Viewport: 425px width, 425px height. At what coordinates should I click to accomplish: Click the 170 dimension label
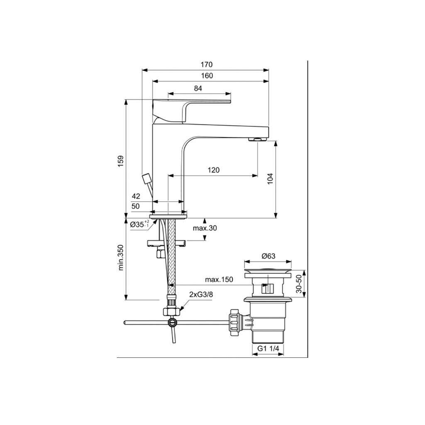pyautogui.click(x=207, y=64)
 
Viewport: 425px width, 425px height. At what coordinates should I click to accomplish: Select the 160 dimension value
pyautogui.click(x=207, y=76)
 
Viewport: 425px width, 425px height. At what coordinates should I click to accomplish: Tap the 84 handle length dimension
pyautogui.click(x=198, y=88)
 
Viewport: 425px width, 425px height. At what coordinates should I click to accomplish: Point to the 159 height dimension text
pyautogui.click(x=121, y=161)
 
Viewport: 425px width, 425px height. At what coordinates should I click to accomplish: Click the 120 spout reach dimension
pyautogui.click(x=214, y=170)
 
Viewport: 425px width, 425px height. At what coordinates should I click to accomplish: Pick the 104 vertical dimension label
pyautogui.click(x=270, y=179)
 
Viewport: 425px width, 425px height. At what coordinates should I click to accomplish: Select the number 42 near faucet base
pyautogui.click(x=136, y=196)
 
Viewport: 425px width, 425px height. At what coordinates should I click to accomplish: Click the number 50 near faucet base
pyautogui.click(x=136, y=206)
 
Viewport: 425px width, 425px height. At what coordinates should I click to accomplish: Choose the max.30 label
pyautogui.click(x=205, y=228)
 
